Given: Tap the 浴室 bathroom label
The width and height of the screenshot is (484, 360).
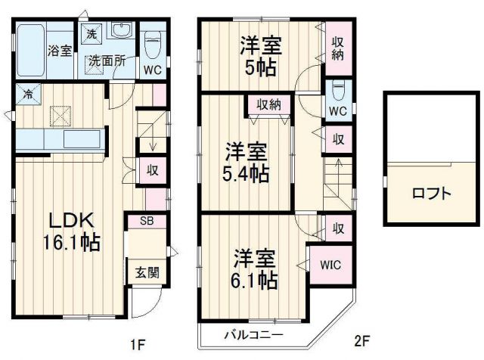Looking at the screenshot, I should [60, 51].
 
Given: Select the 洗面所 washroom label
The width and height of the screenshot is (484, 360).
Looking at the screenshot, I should [105, 61].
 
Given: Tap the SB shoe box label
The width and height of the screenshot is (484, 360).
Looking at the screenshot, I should [147, 221].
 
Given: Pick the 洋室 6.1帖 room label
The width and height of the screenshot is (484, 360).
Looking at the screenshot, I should [255, 268].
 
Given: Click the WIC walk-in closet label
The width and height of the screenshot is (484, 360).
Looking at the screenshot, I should [330, 265].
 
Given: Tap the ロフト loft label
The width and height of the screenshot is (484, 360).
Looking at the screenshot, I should [432, 194].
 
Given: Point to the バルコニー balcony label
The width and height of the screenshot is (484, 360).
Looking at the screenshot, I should [253, 334].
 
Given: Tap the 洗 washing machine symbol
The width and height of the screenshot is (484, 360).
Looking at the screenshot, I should [91, 33].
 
